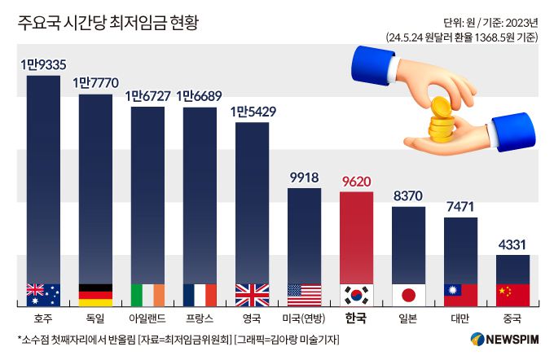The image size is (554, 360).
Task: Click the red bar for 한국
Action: coord(356,236)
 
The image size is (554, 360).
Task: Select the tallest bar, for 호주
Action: coord(43,179)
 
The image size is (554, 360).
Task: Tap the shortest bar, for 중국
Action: coord(512,269)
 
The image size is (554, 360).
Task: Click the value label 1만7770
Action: coord(95,82)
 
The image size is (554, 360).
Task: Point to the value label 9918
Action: coord(304,177)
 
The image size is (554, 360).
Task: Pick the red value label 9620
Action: coord(356,181)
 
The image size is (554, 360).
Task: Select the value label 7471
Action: coord(460,206)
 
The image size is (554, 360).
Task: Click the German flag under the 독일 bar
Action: coord(95,294)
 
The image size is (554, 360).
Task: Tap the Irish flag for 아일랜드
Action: coord(147,294)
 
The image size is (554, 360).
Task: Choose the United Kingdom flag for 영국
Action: coord(252,294)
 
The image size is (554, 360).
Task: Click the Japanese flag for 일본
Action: coord(408,294)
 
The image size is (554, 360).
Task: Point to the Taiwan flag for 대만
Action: coord(460,294)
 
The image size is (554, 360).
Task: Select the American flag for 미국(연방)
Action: coord(304,294)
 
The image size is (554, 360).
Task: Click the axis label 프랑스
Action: coord(200,318)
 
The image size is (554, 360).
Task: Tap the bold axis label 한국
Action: coord(356,318)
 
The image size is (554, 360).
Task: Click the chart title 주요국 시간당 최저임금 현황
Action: coord(108,22)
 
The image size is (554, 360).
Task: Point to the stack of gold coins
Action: coord(441,123)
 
